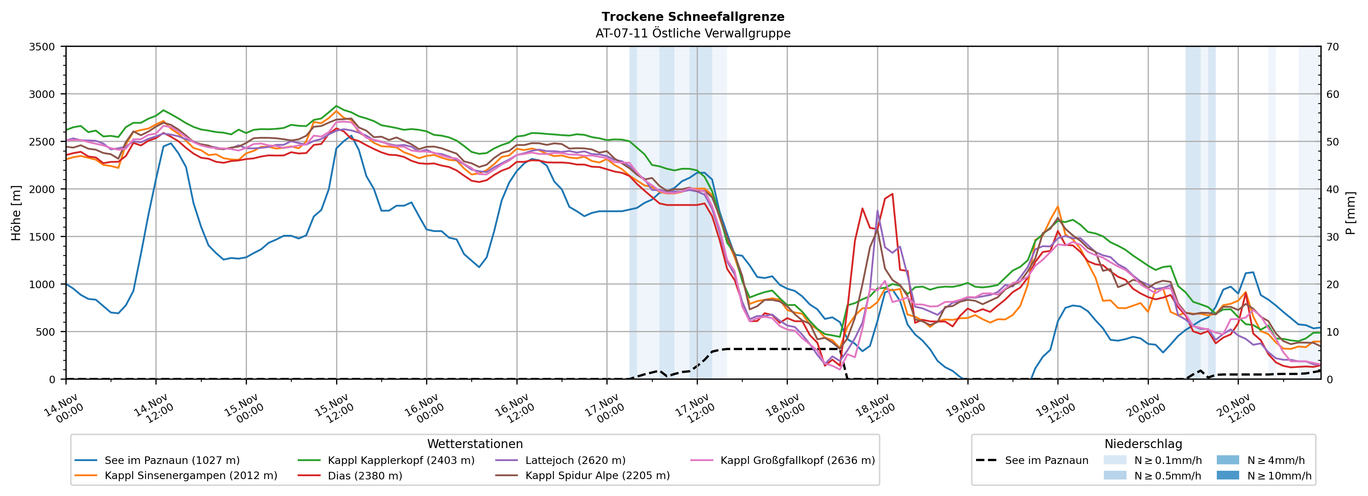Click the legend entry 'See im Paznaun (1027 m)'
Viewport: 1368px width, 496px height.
tap(172, 460)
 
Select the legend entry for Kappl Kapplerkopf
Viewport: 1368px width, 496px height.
tap(401, 460)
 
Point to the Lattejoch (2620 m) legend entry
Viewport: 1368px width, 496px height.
tap(575, 460)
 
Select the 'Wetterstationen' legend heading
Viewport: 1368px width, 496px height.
tap(475, 444)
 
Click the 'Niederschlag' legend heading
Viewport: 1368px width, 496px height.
tap(1143, 444)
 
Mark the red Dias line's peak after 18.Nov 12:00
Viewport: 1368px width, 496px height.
tap(892, 194)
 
